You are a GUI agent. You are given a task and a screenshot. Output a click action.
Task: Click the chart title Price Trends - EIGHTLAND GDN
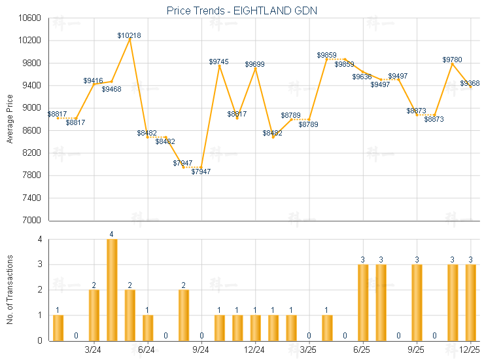coord(243,10)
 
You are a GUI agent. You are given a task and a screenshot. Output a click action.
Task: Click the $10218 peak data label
coord(130,35)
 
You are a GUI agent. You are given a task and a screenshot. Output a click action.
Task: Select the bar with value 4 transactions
coord(112,289)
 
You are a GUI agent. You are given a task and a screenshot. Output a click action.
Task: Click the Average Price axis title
coord(9,119)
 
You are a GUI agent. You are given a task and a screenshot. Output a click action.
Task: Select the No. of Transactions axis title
coord(9,289)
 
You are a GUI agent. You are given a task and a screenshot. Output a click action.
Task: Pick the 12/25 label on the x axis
coord(470,350)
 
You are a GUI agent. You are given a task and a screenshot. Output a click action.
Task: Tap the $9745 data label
coord(219,62)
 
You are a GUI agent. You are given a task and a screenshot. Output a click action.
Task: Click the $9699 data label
coord(255,64)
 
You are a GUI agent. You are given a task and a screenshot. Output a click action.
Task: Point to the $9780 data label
coord(452,60)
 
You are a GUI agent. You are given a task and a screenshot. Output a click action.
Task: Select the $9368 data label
coord(470,83)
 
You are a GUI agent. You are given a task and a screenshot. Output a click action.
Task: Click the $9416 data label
coord(94,81)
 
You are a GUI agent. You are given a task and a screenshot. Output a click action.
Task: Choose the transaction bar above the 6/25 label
coord(363,302)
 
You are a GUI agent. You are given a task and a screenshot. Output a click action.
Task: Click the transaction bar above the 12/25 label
coord(470,302)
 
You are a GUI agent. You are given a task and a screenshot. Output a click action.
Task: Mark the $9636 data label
coord(362,77)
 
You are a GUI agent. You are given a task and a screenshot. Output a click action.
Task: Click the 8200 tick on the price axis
coord(32,153)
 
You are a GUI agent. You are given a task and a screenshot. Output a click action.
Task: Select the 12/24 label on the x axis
coord(255,350)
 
